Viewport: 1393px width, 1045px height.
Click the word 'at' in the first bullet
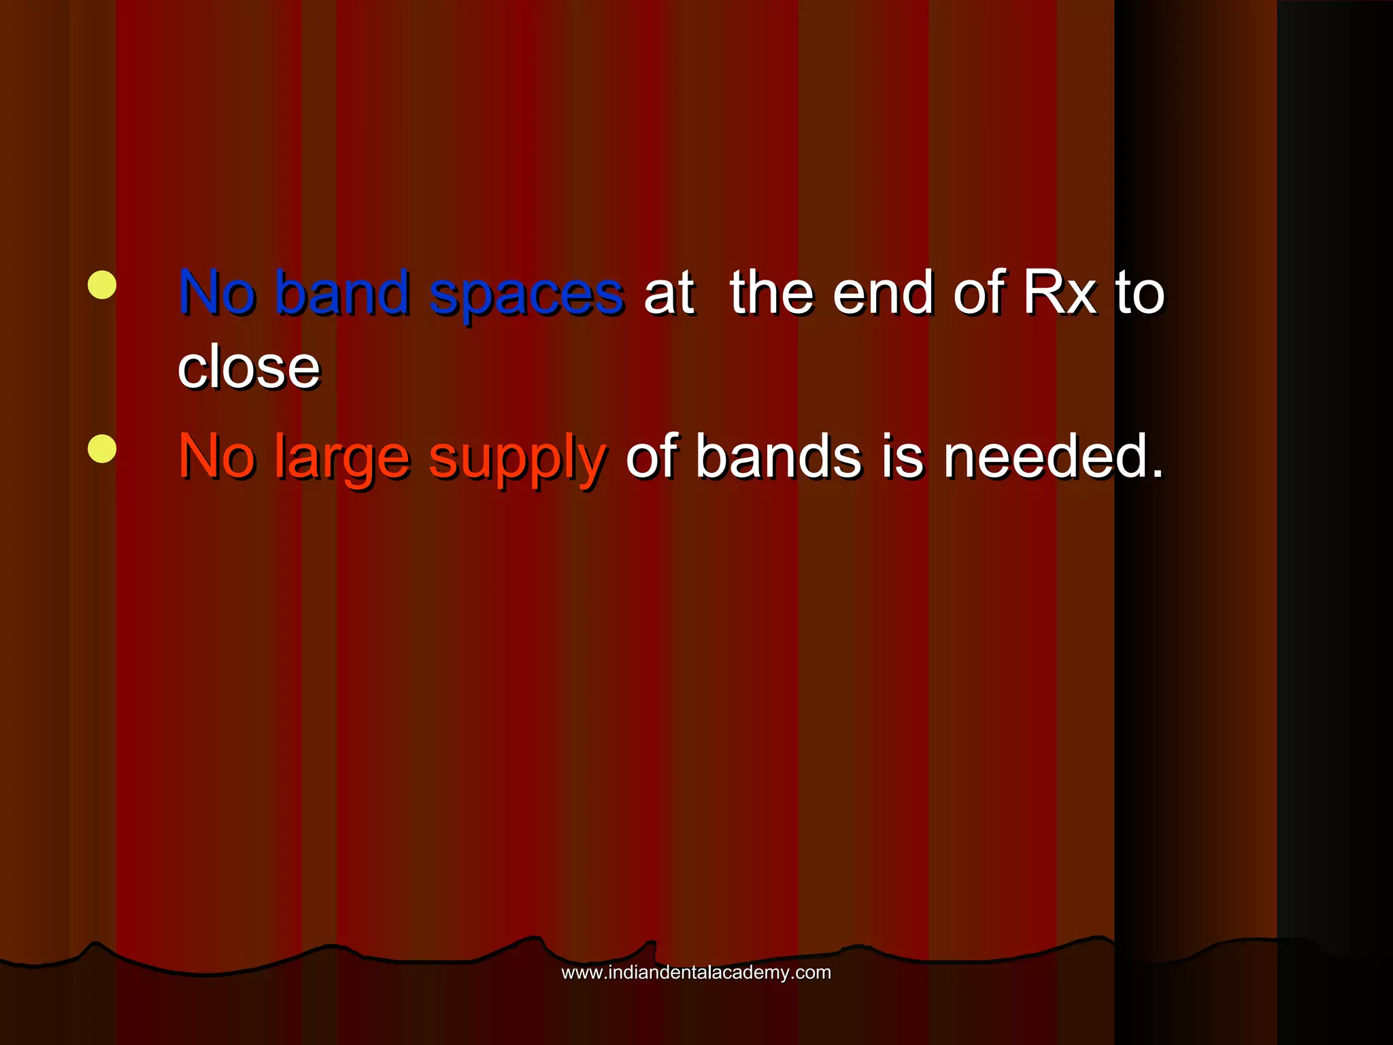[x=669, y=294]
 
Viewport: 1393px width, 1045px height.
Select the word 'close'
[x=248, y=367]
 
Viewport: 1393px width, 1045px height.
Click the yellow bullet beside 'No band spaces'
[x=102, y=285]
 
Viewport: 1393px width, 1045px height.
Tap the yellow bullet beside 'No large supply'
[x=102, y=448]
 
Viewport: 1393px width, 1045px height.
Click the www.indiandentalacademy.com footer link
[x=696, y=972]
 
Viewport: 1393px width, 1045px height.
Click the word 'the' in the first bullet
[x=771, y=293]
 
